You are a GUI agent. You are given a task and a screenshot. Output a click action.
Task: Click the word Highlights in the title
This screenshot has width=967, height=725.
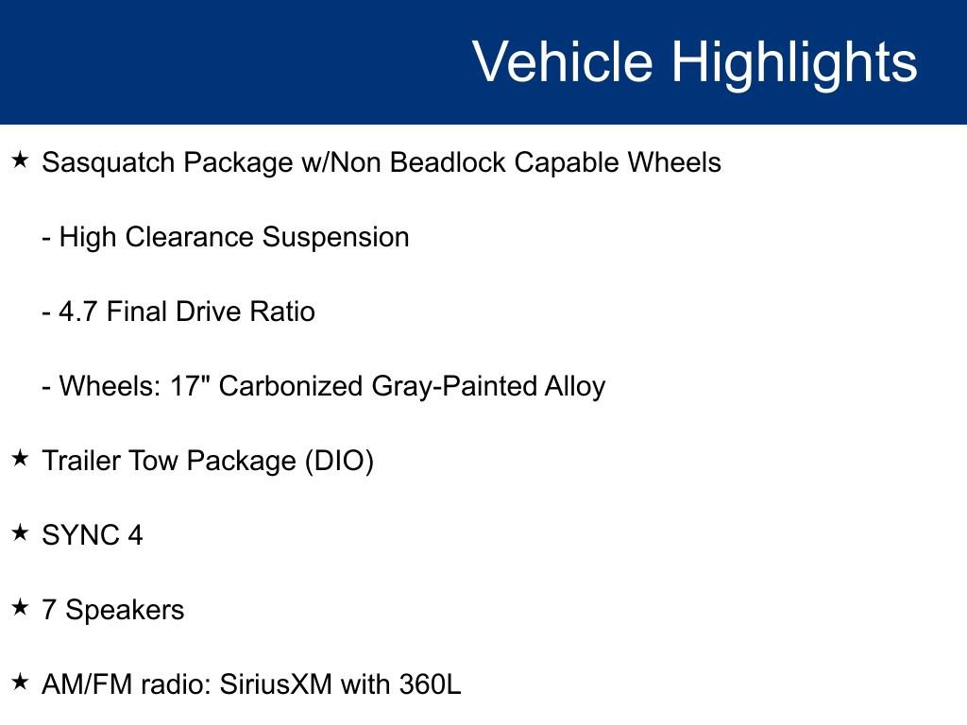click(794, 62)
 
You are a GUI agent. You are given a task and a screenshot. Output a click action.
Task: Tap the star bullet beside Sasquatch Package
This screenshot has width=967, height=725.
click(20, 161)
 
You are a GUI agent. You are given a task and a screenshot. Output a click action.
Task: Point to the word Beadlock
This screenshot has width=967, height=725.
click(448, 163)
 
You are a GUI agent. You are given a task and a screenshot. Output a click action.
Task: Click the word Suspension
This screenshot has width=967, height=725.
click(335, 237)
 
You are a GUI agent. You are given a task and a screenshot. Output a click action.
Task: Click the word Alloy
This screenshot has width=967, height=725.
click(574, 386)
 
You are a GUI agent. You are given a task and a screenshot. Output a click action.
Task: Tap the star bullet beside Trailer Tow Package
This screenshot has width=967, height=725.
click(20, 460)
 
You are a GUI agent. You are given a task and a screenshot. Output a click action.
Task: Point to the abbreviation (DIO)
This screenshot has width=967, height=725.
click(339, 462)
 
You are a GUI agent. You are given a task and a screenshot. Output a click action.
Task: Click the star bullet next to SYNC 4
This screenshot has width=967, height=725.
click(20, 534)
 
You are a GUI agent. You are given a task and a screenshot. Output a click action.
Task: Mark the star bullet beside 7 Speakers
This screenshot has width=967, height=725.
click(20, 609)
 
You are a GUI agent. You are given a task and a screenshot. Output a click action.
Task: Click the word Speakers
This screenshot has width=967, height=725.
click(125, 611)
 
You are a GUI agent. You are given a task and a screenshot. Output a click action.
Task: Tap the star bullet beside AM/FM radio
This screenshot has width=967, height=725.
click(20, 683)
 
